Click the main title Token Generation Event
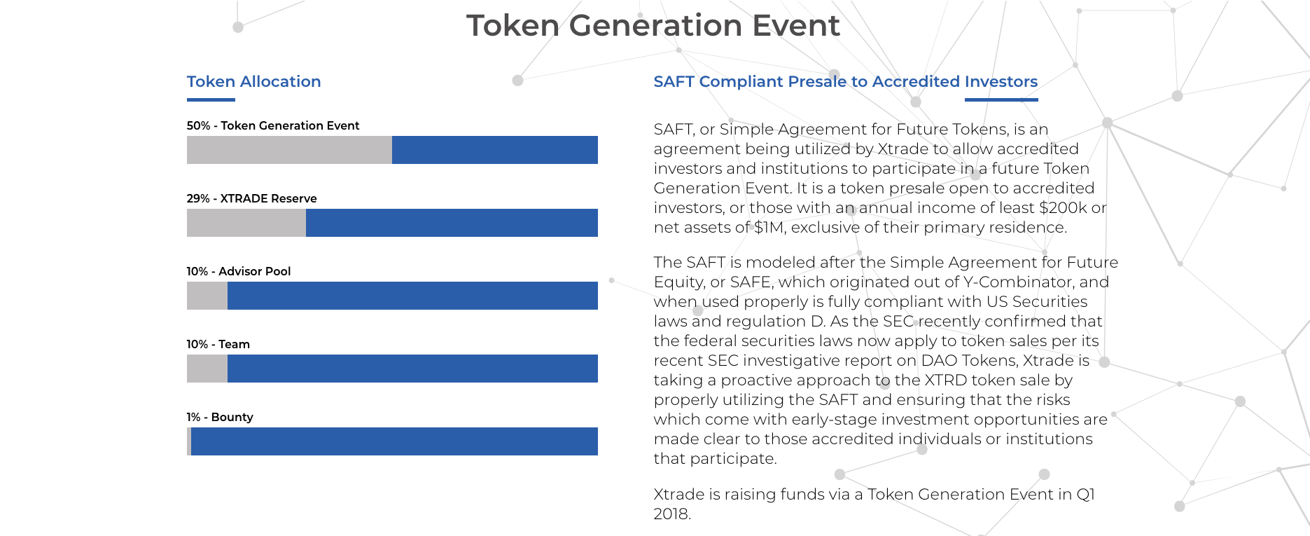click(653, 26)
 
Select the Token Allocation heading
click(253, 81)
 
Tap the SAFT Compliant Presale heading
click(845, 81)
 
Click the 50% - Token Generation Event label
click(273, 125)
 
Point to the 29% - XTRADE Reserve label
click(251, 198)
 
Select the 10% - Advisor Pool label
click(239, 271)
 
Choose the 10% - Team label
click(218, 344)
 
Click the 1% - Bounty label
click(220, 417)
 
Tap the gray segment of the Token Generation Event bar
click(289, 150)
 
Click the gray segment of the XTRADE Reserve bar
click(246, 223)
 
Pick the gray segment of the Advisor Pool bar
click(207, 296)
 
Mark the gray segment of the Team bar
click(207, 369)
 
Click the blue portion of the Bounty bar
click(394, 441)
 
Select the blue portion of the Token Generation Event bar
click(495, 150)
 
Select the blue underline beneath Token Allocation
click(211, 99)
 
